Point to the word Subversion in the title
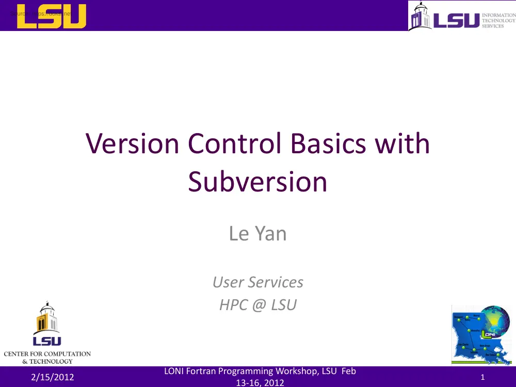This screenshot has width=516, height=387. pyautogui.click(x=257, y=182)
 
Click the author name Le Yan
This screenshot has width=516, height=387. pyautogui.click(x=257, y=234)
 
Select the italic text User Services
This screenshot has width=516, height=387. pyautogui.click(x=257, y=282)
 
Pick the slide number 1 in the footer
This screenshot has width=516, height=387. pyautogui.click(x=482, y=377)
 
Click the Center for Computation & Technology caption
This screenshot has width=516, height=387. pyautogui.click(x=47, y=357)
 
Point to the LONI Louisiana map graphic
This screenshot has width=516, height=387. pyautogui.click(x=475, y=341)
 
